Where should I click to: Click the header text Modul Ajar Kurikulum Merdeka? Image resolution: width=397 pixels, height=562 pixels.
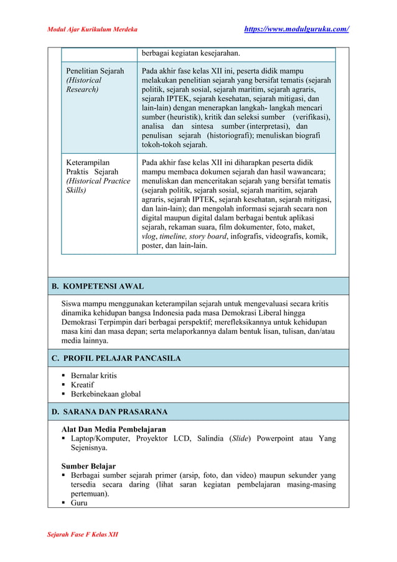(x=92, y=29)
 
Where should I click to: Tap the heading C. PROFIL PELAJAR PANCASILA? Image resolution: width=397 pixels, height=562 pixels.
(x=116, y=358)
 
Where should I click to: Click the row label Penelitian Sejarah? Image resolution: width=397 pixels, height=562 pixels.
(x=95, y=71)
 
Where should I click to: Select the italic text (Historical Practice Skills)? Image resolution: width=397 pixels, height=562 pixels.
(x=98, y=186)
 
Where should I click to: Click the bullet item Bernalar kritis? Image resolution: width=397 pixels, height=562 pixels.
(x=94, y=376)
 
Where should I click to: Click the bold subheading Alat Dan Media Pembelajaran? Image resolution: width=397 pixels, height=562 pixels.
(x=113, y=429)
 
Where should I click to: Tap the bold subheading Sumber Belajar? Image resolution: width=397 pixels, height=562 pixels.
(x=88, y=466)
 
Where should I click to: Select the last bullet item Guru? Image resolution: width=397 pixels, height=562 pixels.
(x=79, y=503)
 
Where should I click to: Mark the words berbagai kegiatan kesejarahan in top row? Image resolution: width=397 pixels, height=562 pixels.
(x=195, y=53)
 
